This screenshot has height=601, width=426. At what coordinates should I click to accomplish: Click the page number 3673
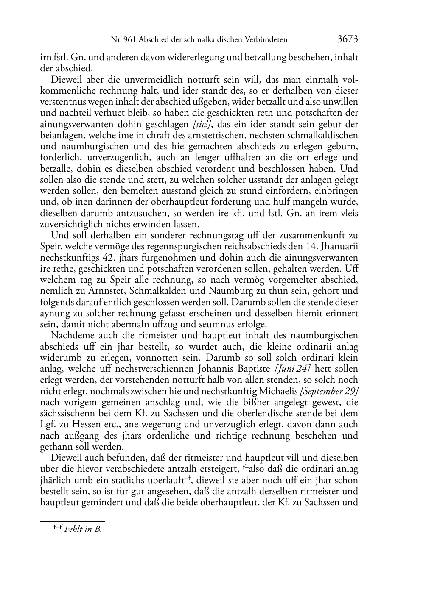(348, 39)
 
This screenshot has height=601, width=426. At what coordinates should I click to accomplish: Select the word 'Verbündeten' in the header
(266, 40)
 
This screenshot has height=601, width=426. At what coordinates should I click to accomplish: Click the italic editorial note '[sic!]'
(203, 124)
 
